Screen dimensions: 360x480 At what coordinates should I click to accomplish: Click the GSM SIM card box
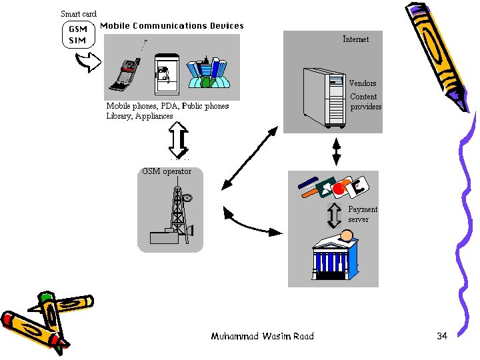[x=79, y=35]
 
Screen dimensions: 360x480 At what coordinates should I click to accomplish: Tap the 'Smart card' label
[x=79, y=14]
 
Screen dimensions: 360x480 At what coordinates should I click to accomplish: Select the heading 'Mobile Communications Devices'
[x=172, y=26]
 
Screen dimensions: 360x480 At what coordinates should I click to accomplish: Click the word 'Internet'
[x=355, y=39]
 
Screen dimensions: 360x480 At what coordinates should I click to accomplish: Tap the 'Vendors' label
[x=363, y=83]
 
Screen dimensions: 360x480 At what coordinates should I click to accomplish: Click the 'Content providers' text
[x=365, y=101]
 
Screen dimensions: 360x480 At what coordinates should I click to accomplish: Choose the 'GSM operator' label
[x=167, y=171]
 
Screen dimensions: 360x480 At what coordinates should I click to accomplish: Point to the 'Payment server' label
[x=362, y=214]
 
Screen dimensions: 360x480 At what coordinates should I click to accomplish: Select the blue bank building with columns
[x=334, y=256]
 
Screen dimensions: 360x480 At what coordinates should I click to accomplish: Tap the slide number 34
[x=442, y=336]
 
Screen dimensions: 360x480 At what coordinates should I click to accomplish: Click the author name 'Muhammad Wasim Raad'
[x=262, y=336]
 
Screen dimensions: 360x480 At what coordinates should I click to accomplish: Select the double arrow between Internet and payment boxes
[x=336, y=151]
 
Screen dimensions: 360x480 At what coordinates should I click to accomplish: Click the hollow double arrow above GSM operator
[x=179, y=141]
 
